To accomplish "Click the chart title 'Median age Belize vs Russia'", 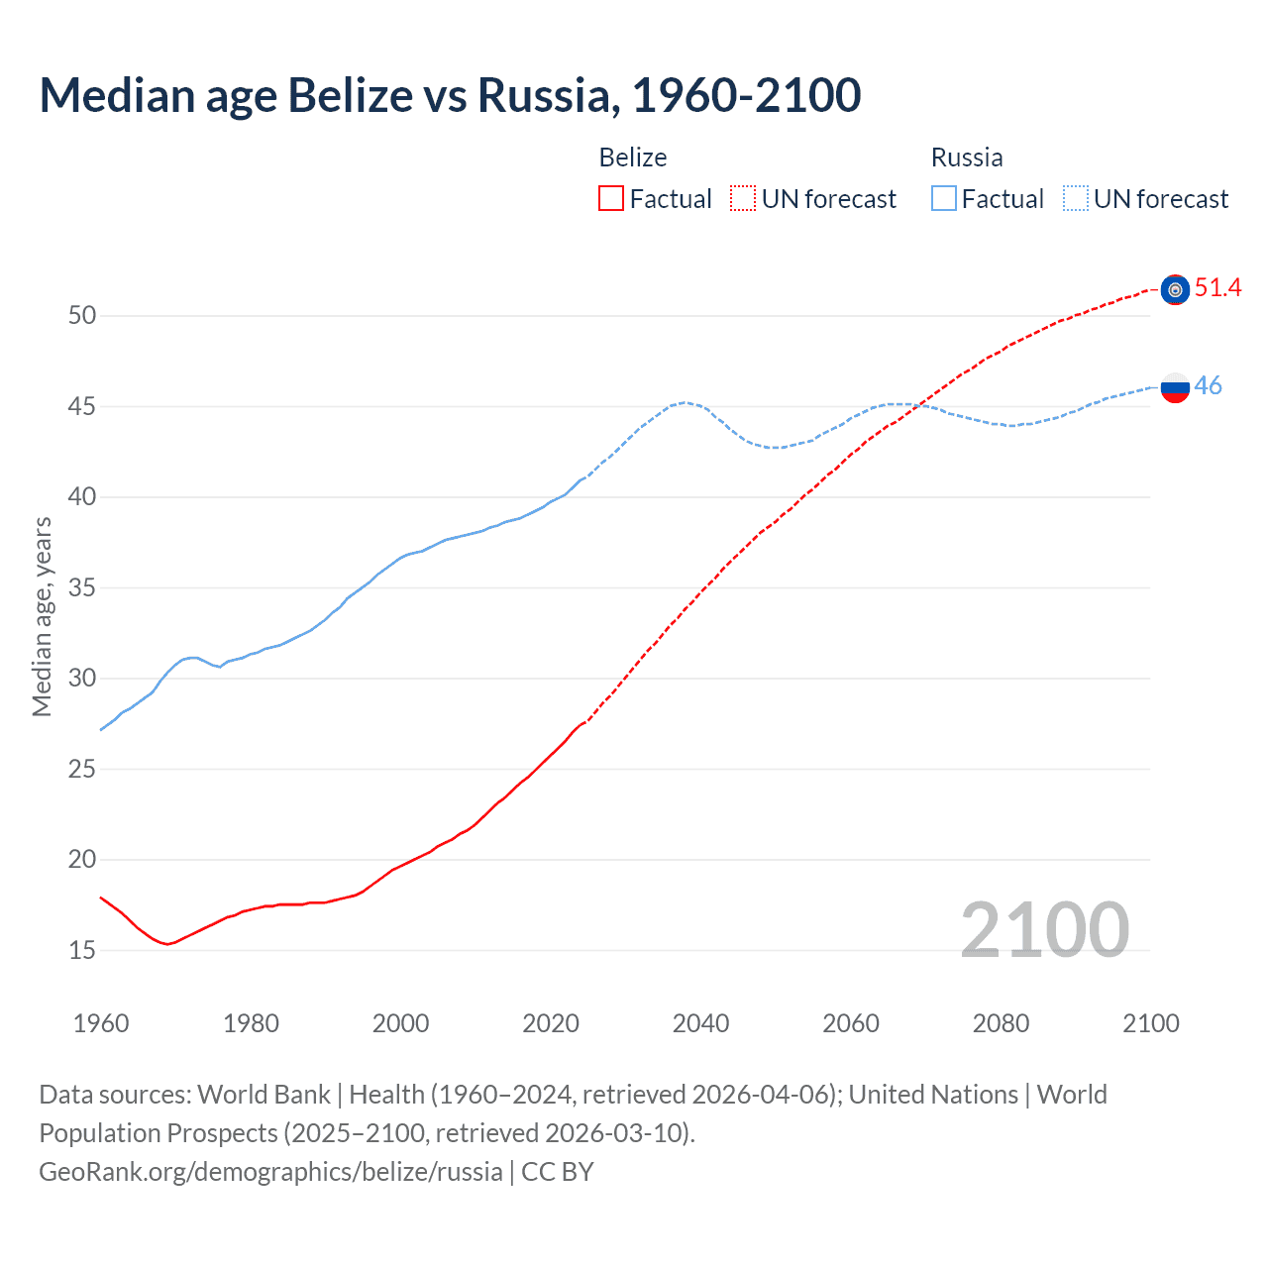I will pos(450,96).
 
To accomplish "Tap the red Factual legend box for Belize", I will pos(611,199).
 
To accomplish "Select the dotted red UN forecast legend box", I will pos(743,199).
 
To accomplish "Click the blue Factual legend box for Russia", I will pos(944,199).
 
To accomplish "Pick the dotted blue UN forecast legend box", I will pos(1076,199).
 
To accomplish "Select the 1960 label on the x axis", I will pos(101,1023).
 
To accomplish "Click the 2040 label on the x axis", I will pos(700,1023).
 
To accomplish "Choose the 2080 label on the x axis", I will pos(1001,1023).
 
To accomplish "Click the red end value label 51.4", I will pos(1217,288).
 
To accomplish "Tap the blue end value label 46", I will pos(1208,386).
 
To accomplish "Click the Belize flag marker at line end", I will pos(1175,289).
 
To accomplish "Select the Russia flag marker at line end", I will pos(1175,387).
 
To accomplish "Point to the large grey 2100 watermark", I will pos(1044,930).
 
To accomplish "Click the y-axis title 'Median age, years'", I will pos(42,616).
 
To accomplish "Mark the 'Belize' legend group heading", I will pos(633,158).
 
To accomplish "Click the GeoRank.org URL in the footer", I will pos(270,1172).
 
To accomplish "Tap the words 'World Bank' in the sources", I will pos(264,1095).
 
